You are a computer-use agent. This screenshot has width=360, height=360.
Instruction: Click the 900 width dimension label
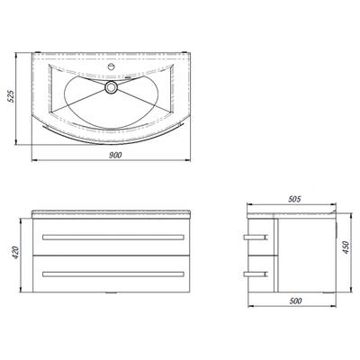coord(115,155)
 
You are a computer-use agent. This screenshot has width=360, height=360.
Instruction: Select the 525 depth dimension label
coord(11,96)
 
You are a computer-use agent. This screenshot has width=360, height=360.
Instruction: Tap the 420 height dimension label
coord(15,253)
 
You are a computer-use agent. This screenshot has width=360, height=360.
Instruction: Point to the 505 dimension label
coord(294,199)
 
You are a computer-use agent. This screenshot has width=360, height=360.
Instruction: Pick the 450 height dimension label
coord(346,247)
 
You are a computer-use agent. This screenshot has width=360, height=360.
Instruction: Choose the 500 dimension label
coord(296,301)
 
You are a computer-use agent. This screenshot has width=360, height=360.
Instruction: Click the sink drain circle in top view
coord(112,87)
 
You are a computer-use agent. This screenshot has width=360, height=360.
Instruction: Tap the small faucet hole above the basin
coord(111,66)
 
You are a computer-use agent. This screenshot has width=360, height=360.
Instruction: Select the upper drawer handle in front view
coord(113,238)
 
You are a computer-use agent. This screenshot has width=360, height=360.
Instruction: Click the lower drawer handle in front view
coord(113,274)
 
